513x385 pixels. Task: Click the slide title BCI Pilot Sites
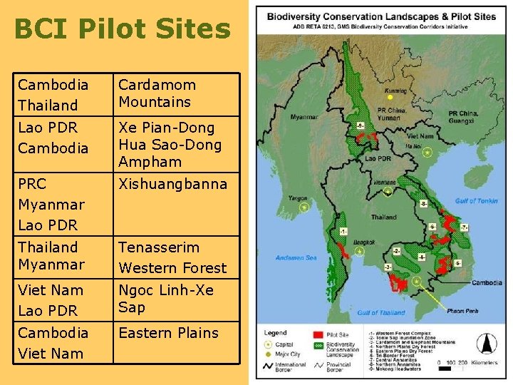click(x=122, y=29)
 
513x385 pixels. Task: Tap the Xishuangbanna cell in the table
click(x=172, y=184)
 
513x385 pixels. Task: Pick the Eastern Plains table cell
click(x=168, y=333)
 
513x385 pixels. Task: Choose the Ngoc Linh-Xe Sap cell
click(x=165, y=299)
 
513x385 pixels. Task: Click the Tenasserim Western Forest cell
click(x=172, y=257)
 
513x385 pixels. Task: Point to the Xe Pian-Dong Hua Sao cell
click(x=170, y=145)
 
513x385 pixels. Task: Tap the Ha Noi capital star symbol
click(x=427, y=152)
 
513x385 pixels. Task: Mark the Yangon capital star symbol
click(x=304, y=206)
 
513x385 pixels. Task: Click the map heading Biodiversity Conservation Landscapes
click(x=381, y=16)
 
